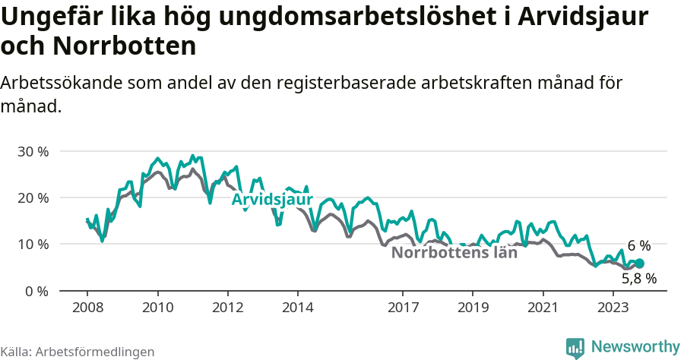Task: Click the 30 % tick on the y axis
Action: pyautogui.click(x=33, y=151)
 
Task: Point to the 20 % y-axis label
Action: pyautogui.click(x=33, y=197)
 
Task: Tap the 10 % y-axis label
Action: pyautogui.click(x=33, y=245)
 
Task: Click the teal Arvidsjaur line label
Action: pyautogui.click(x=272, y=200)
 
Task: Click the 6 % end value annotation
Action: pyautogui.click(x=638, y=246)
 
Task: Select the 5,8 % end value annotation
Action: pyautogui.click(x=638, y=279)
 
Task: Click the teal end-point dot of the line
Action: pyautogui.click(x=639, y=264)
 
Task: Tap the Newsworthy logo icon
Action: pyautogui.click(x=575, y=348)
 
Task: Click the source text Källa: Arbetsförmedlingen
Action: pyautogui.click(x=78, y=352)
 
